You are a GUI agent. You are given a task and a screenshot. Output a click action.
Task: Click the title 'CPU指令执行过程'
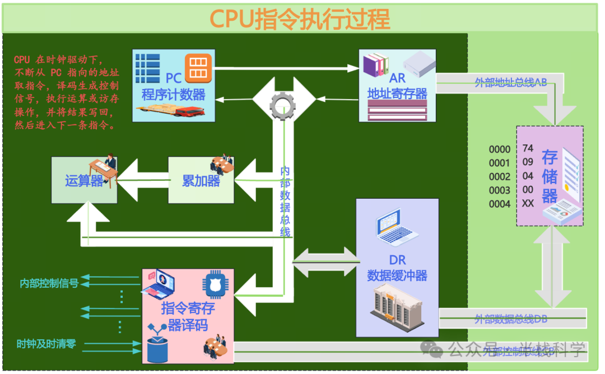point(300,18)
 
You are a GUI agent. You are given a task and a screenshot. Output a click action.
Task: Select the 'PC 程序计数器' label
point(174,87)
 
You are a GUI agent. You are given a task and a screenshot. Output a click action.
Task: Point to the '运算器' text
point(84,181)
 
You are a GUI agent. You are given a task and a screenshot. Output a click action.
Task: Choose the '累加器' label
point(201,181)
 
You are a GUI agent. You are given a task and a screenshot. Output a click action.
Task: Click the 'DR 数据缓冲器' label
point(397,268)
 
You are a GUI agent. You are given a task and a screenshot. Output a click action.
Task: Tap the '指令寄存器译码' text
point(188,316)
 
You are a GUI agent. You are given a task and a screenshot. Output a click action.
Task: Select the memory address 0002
point(499,177)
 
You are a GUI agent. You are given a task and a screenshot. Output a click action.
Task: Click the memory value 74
point(527,149)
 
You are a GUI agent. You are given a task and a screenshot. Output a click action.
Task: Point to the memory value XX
point(528,203)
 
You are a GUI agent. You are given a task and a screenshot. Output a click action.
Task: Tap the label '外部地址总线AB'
point(510,83)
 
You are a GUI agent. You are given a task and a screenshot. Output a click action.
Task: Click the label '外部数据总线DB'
point(510,319)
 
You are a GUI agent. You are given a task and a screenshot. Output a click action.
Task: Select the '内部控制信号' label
point(49,283)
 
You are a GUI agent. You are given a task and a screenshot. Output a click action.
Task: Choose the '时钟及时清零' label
point(46,344)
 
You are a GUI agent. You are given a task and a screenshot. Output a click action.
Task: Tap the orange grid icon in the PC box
point(198,67)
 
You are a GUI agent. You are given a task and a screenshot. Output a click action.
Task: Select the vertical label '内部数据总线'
point(285,201)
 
